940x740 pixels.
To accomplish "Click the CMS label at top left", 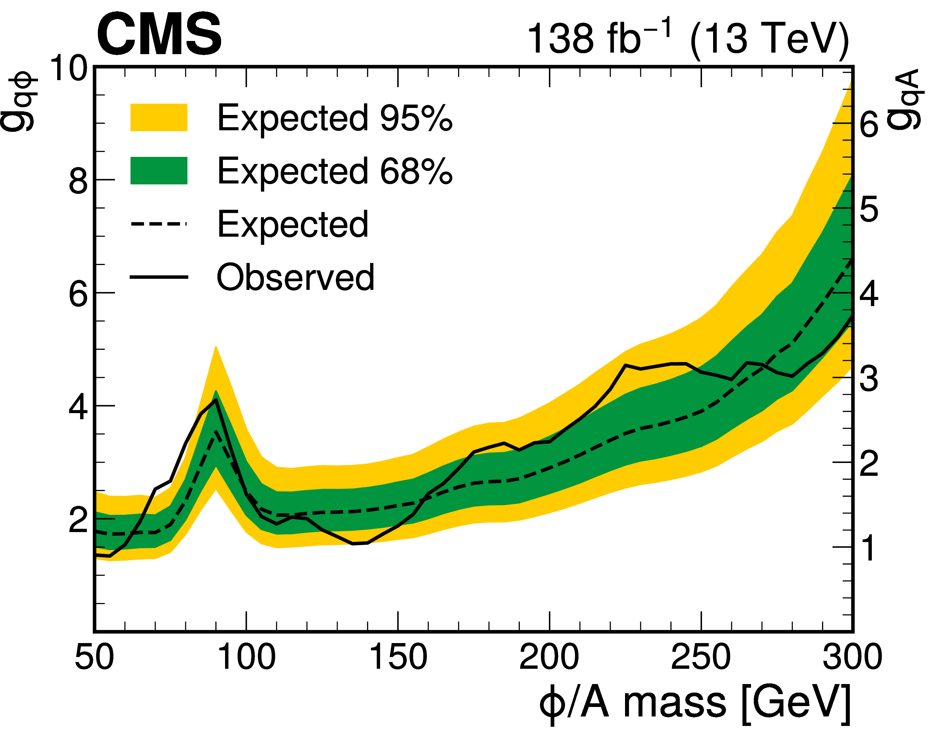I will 159,35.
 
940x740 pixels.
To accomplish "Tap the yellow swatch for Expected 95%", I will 159,117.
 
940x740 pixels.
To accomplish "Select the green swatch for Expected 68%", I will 159,171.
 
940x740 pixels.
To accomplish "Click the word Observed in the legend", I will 295,277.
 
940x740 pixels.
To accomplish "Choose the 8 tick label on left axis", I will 78,181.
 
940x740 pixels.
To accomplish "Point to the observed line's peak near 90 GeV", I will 216,400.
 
